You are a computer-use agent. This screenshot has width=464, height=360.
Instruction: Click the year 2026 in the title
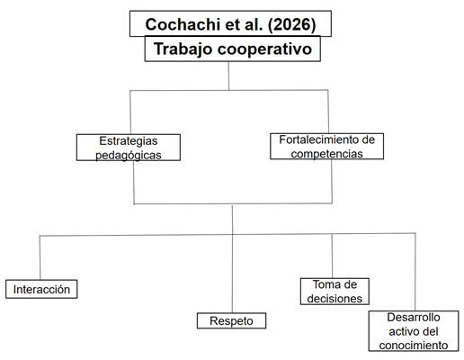(x=291, y=24)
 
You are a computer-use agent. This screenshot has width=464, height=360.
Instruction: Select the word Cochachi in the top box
(x=183, y=24)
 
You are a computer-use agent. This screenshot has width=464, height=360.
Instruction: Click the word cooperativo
(x=264, y=49)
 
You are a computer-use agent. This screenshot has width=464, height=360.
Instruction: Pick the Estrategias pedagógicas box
(x=129, y=148)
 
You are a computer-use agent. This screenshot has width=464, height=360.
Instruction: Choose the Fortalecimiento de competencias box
(x=326, y=146)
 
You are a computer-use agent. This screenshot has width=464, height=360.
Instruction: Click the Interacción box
(x=41, y=289)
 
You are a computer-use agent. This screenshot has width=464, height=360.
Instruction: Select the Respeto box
(x=231, y=320)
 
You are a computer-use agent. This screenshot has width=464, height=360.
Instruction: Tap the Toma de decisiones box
(x=335, y=292)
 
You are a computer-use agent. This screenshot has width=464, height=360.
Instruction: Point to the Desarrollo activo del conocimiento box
(x=414, y=331)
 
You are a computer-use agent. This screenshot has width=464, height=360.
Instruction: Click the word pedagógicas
(x=129, y=155)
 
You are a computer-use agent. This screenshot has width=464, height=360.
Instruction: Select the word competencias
(x=326, y=154)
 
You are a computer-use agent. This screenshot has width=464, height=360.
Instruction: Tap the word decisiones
(x=335, y=299)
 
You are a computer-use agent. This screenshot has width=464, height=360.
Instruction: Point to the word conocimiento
(x=414, y=346)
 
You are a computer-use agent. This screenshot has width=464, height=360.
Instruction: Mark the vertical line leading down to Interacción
(x=40, y=257)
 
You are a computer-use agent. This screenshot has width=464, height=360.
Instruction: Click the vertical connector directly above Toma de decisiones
(x=332, y=256)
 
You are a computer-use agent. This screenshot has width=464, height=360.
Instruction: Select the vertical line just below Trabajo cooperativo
(x=228, y=76)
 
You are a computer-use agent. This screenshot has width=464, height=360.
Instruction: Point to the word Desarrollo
(x=414, y=317)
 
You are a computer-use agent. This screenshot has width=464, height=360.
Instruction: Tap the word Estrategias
(x=129, y=141)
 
